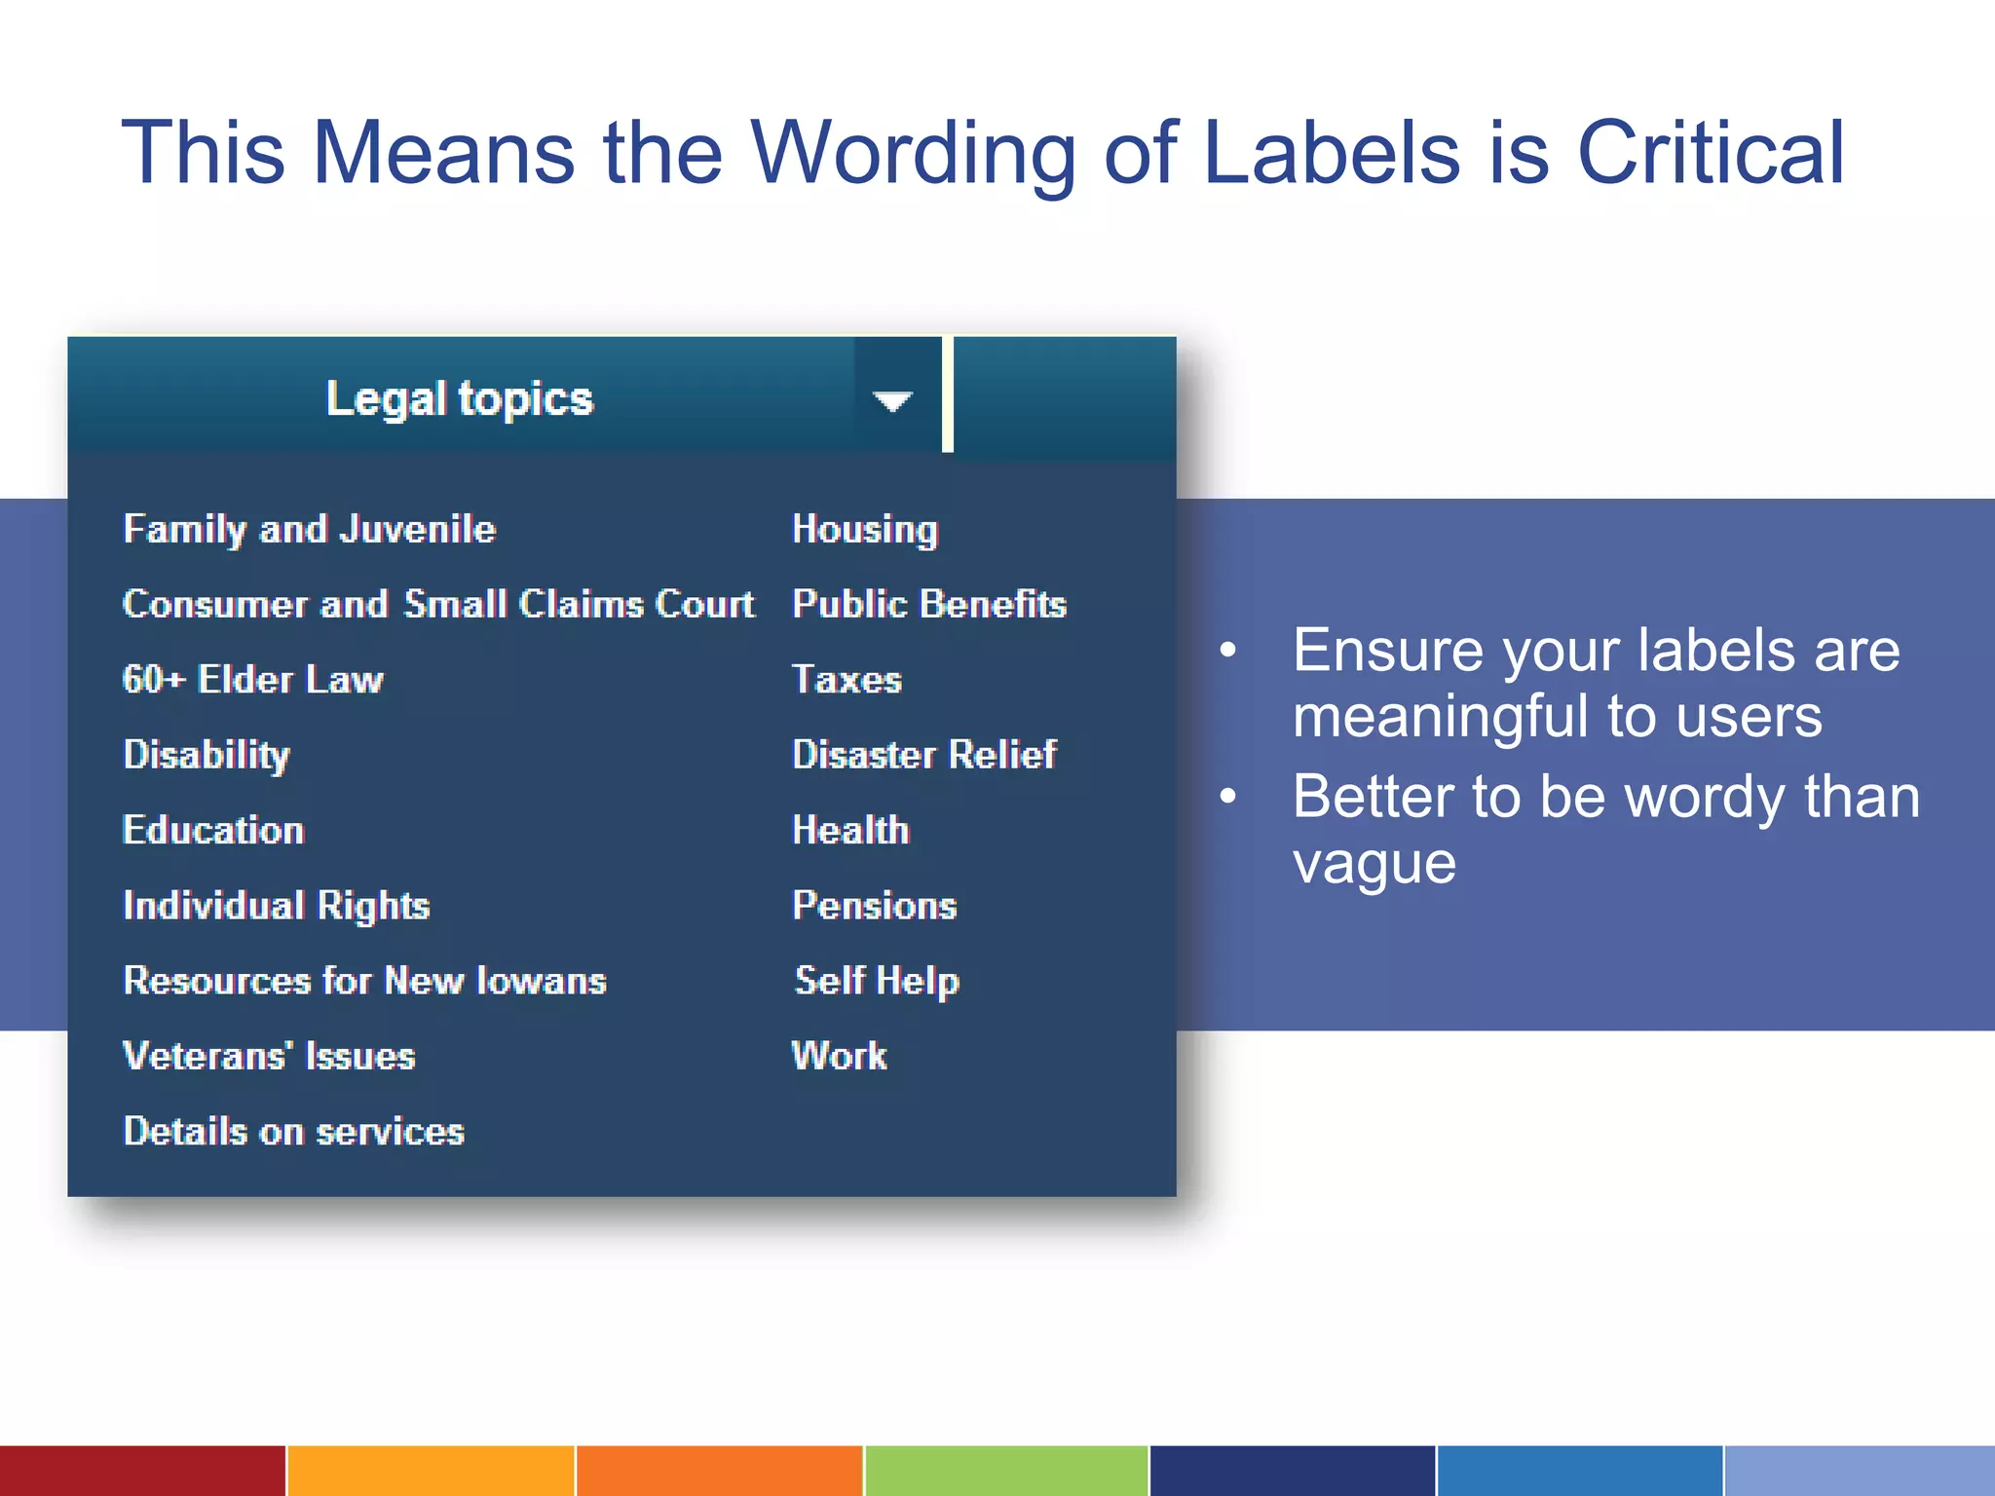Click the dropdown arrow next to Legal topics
pyautogui.click(x=892, y=400)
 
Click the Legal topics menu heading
pyautogui.click(x=459, y=398)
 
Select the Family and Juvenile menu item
pyautogui.click(x=310, y=530)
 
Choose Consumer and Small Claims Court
pyautogui.click(x=438, y=605)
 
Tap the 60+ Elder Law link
pyautogui.click(x=253, y=680)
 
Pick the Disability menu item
pyautogui.click(x=207, y=755)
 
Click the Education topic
pyautogui.click(x=213, y=831)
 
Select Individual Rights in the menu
pyautogui.click(x=277, y=906)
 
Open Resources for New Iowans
pyautogui.click(x=365, y=981)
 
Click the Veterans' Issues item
pyautogui.click(x=269, y=1057)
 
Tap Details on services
pyautogui.click(x=294, y=1132)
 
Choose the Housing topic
pyautogui.click(x=865, y=530)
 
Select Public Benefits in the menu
pyautogui.click(x=929, y=605)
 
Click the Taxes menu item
pyautogui.click(x=847, y=680)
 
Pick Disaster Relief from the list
pyautogui.click(x=924, y=755)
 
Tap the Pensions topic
pyautogui.click(x=875, y=906)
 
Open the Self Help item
pyautogui.click(x=877, y=981)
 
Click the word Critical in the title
pyautogui.click(x=1711, y=153)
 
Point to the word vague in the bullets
pyautogui.click(x=1374, y=864)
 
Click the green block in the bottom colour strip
pyautogui.click(x=1006, y=1471)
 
